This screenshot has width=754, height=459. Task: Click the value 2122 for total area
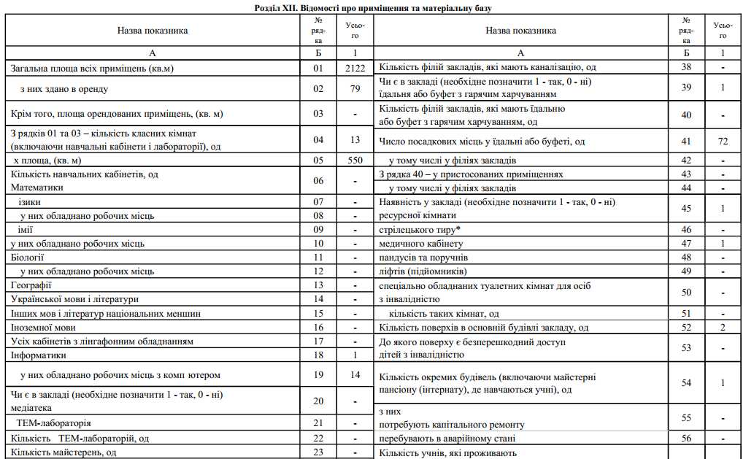tap(355, 69)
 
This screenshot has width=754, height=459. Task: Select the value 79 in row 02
tap(355, 89)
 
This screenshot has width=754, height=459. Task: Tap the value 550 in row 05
tap(355, 160)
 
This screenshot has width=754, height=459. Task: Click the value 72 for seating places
tap(723, 141)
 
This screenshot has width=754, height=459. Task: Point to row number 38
tap(686, 67)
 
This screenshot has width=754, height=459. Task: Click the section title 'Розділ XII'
tap(377, 8)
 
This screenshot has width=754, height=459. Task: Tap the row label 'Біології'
tap(28, 257)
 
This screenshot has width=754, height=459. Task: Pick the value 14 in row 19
tap(355, 375)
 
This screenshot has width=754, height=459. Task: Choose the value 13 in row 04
tap(355, 139)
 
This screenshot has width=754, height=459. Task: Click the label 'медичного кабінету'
tap(421, 244)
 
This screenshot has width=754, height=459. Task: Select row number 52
tap(686, 328)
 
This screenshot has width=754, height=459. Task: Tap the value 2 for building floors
tap(723, 328)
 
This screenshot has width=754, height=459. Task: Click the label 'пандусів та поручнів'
tap(424, 258)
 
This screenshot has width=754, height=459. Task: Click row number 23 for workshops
tap(318, 452)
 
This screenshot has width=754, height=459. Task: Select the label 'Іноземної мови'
tap(44, 328)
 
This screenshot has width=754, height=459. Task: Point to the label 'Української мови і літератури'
tap(75, 299)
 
